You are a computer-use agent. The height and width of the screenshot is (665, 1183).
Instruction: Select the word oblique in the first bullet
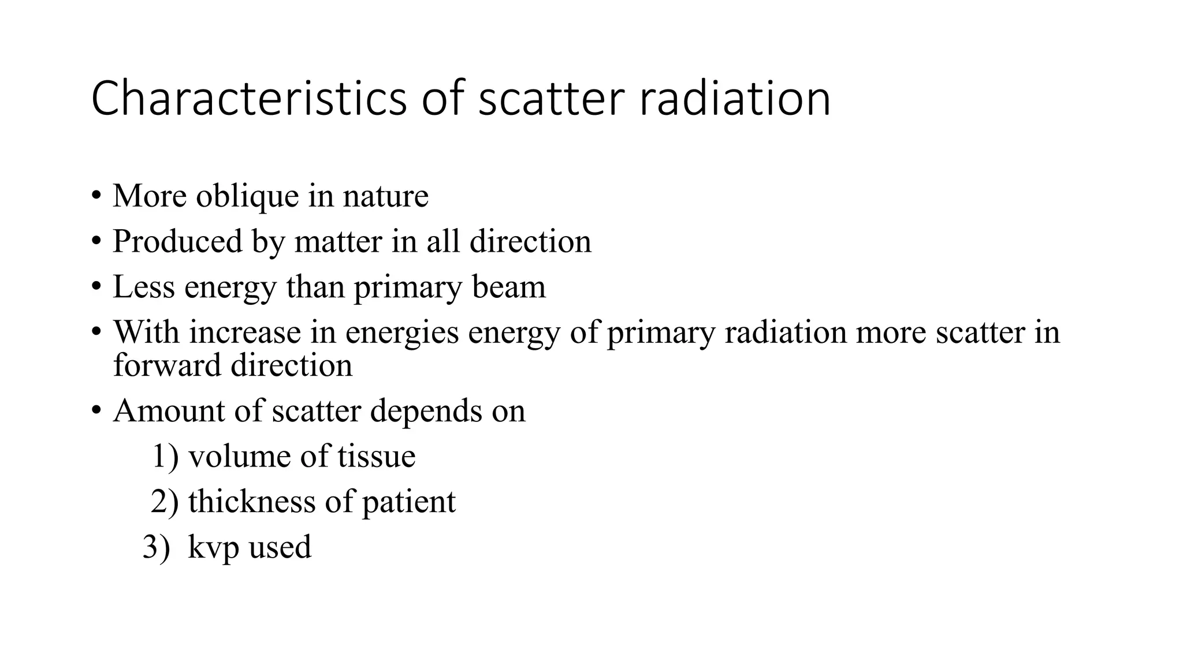[x=247, y=196]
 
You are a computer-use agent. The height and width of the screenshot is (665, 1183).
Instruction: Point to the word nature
[x=385, y=196]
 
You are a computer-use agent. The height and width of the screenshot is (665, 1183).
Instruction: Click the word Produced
[x=177, y=241]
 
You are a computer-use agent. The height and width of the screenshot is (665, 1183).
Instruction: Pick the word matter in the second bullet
[x=338, y=241]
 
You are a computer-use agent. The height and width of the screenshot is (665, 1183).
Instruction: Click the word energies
[x=401, y=333]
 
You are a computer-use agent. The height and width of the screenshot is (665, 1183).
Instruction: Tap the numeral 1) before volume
[x=165, y=456]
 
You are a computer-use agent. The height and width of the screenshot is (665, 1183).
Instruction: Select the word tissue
[x=376, y=456]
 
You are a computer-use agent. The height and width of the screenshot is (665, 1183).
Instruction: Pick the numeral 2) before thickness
[x=165, y=501]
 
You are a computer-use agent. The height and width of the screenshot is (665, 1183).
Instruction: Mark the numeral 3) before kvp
[x=157, y=547]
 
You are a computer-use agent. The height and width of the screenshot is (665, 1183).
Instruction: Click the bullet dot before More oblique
[x=96, y=196]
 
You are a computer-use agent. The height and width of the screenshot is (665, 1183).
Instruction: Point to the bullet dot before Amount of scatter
[x=96, y=411]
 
